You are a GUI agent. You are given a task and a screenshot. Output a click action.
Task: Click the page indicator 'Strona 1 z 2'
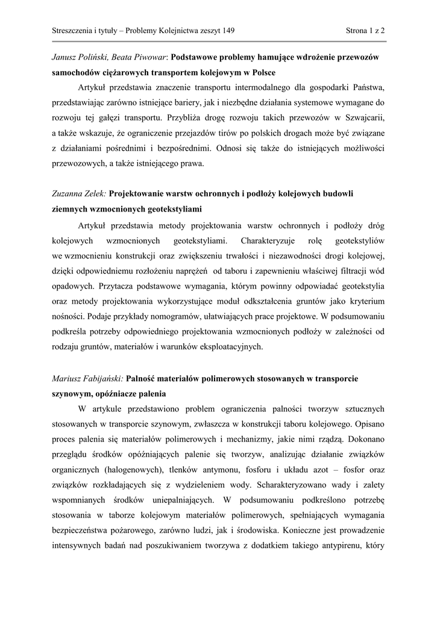tap(365, 30)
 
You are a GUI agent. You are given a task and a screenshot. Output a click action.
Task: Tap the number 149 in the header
tap(227, 30)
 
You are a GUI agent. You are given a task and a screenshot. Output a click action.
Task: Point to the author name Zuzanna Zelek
tap(78, 194)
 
